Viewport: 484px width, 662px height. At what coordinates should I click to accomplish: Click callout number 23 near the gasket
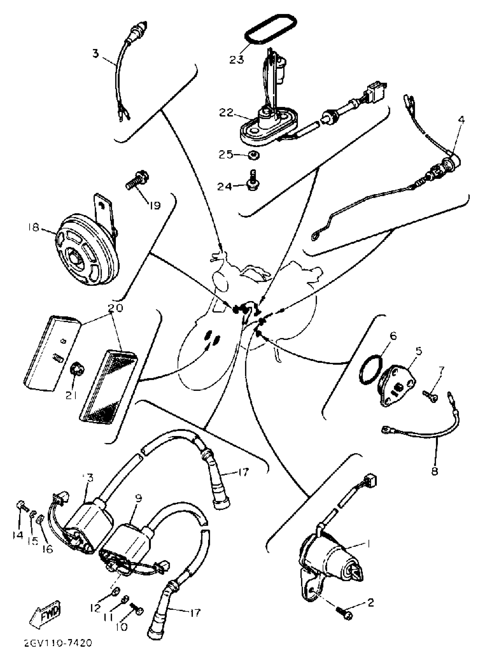coord(236,60)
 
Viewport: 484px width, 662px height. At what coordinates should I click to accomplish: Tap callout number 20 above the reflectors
coord(115,308)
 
